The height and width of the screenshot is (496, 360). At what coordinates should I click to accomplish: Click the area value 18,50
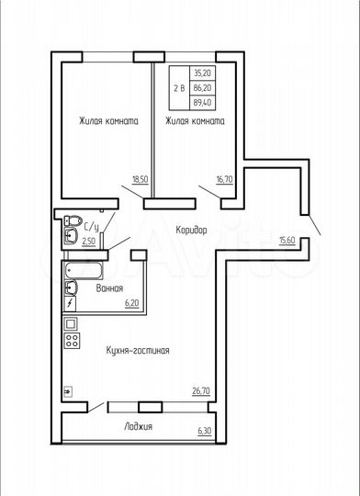pyautogui.click(x=140, y=182)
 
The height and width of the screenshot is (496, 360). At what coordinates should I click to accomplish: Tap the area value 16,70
pyautogui.click(x=223, y=182)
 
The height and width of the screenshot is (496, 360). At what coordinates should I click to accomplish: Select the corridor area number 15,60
pyautogui.click(x=286, y=241)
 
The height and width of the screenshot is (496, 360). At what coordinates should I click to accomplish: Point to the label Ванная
pyautogui.click(x=109, y=288)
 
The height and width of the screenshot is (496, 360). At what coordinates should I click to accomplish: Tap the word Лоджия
pyautogui.click(x=139, y=427)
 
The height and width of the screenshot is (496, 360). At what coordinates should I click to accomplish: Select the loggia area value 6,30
pyautogui.click(x=204, y=432)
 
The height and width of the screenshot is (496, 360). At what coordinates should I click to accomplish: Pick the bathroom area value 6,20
pyautogui.click(x=131, y=302)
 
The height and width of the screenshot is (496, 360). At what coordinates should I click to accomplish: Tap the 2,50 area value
pyautogui.click(x=89, y=242)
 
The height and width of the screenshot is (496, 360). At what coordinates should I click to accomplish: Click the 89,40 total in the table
pyautogui.click(x=200, y=104)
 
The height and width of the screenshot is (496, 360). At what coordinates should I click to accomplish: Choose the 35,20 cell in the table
pyautogui.click(x=200, y=71)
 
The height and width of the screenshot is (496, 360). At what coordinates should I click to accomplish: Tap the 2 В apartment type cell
pyautogui.click(x=178, y=87)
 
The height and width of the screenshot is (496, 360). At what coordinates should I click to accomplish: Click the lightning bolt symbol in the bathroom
pyautogui.click(x=70, y=302)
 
